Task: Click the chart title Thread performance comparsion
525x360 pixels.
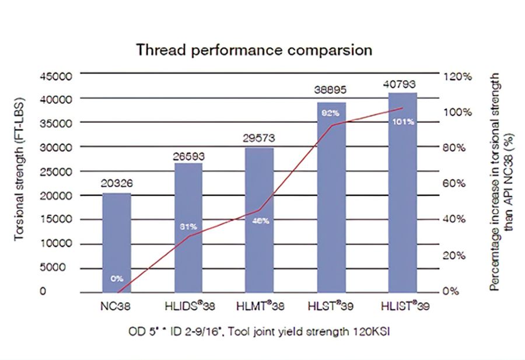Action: click(x=254, y=50)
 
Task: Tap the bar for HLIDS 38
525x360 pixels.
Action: click(x=188, y=228)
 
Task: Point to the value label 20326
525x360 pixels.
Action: click(x=117, y=183)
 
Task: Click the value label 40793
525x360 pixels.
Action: click(x=402, y=83)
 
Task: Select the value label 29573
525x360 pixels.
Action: click(x=259, y=138)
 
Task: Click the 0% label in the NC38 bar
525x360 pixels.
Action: click(x=117, y=278)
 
